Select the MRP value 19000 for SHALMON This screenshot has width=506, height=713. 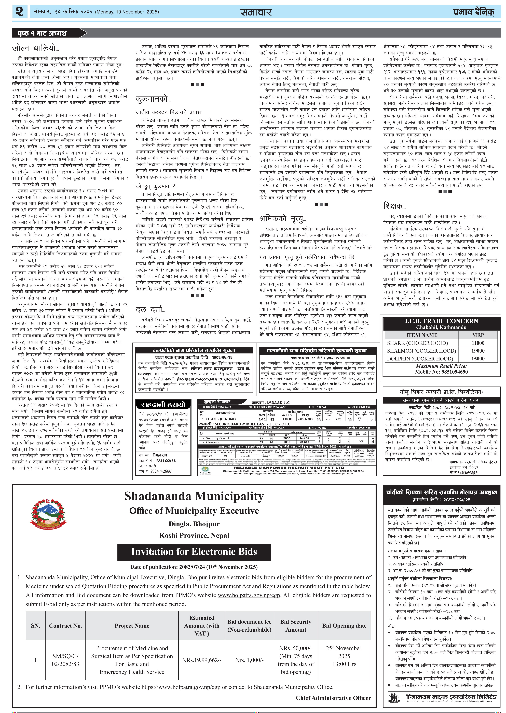tap(478, 351)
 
